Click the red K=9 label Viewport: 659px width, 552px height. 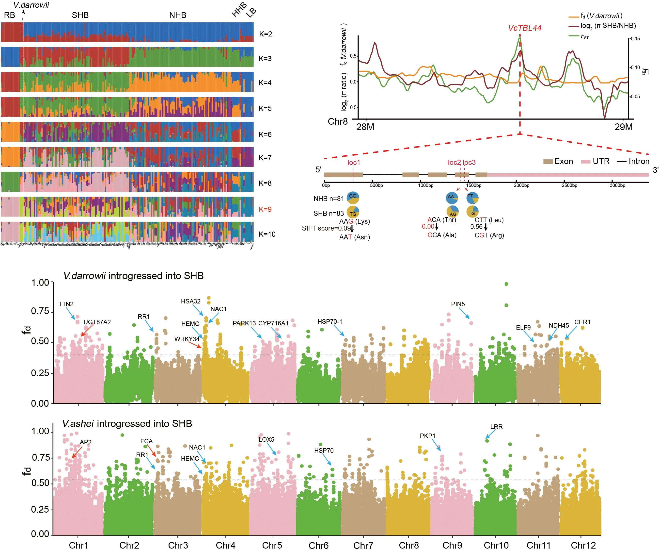point(265,209)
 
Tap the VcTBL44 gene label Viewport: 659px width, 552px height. point(525,28)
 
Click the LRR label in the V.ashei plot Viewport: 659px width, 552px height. point(496,427)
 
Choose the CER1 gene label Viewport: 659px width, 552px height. point(582,322)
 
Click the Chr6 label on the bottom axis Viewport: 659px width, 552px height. point(318,545)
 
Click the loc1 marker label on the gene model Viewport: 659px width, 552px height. point(354,162)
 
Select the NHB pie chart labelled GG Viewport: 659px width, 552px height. point(353,198)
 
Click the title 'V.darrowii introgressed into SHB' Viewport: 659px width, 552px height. point(133,276)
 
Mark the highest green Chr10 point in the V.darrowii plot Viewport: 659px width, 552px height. point(506,284)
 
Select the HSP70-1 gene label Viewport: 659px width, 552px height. point(330,321)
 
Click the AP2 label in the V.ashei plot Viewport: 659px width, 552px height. point(86,442)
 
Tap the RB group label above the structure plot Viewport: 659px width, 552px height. point(9,15)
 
